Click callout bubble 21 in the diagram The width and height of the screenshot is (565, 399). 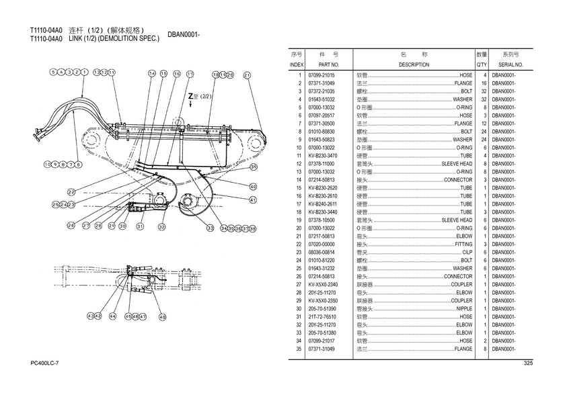[247, 75]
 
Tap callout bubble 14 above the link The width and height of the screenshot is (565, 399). [153, 73]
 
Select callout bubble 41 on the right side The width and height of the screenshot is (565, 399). [253, 199]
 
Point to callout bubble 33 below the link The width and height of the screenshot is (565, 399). [210, 228]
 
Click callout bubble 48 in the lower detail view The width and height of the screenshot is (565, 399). [163, 316]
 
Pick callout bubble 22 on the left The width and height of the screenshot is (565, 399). [71, 193]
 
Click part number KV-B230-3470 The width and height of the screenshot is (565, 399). [322, 155]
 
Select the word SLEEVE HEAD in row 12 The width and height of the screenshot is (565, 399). [457, 163]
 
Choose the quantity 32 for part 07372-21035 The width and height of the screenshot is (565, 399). [483, 91]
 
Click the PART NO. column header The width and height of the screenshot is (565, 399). [319, 64]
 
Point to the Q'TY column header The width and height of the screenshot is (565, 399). [482, 64]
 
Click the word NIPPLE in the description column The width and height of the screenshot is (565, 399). [464, 308]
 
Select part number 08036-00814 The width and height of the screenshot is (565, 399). [321, 252]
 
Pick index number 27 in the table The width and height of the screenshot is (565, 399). [298, 284]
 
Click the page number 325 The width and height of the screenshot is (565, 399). [527, 363]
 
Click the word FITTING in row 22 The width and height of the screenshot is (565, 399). [463, 244]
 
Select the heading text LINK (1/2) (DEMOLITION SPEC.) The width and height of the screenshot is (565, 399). [114, 39]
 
